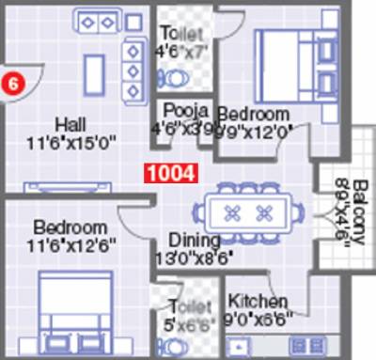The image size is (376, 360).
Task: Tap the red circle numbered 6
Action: coord(12,82)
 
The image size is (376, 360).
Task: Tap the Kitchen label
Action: coord(258,301)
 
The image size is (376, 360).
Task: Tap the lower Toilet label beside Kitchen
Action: coord(185,305)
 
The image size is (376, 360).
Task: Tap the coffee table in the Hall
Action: coord(95,73)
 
